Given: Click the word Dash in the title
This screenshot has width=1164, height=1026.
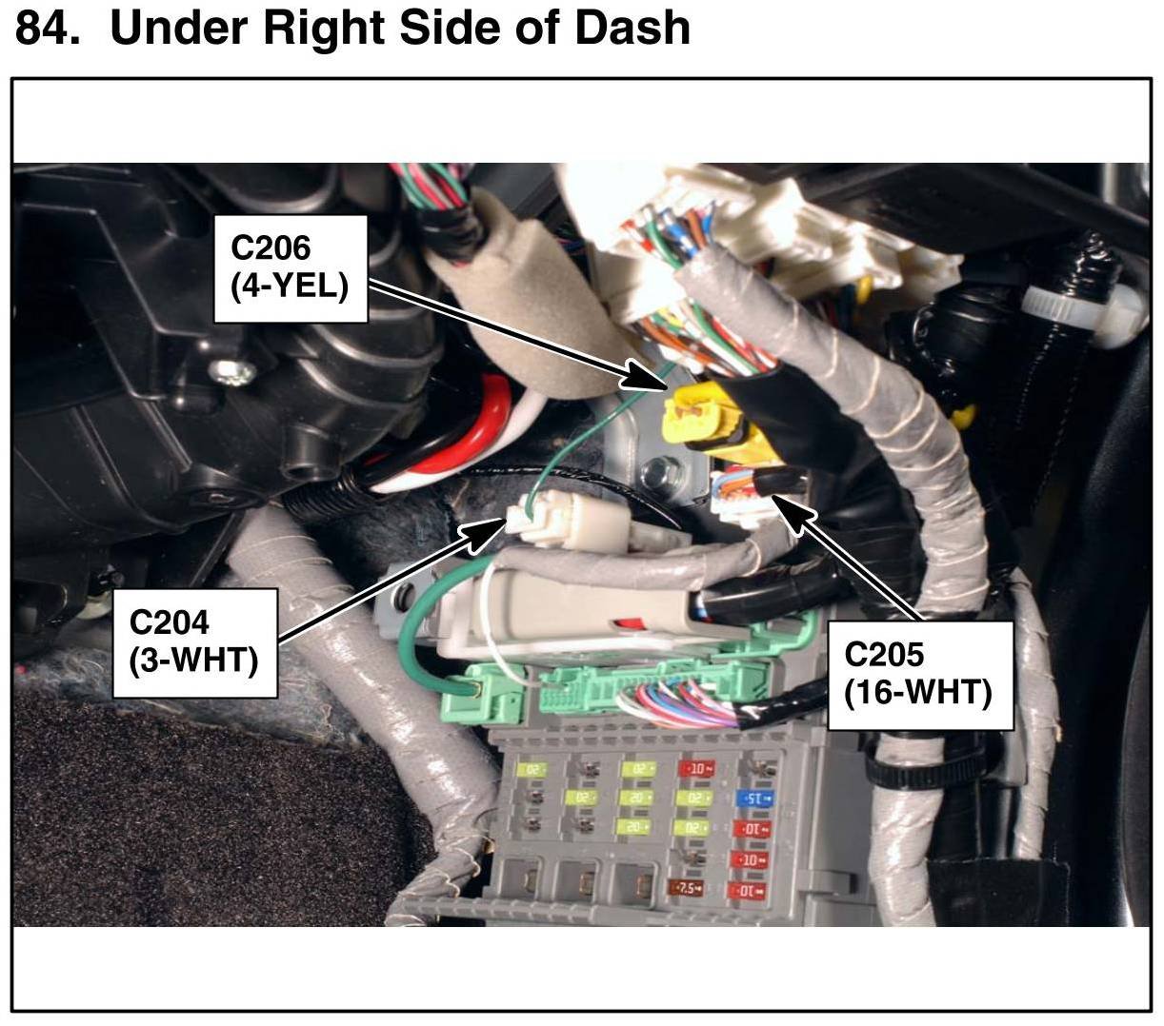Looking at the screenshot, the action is [631, 28].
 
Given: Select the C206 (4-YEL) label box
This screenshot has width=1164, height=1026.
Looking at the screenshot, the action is [290, 267].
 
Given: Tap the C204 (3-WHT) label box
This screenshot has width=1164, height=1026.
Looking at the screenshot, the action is [195, 641].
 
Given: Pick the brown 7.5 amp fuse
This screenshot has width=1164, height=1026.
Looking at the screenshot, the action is [687, 889].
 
